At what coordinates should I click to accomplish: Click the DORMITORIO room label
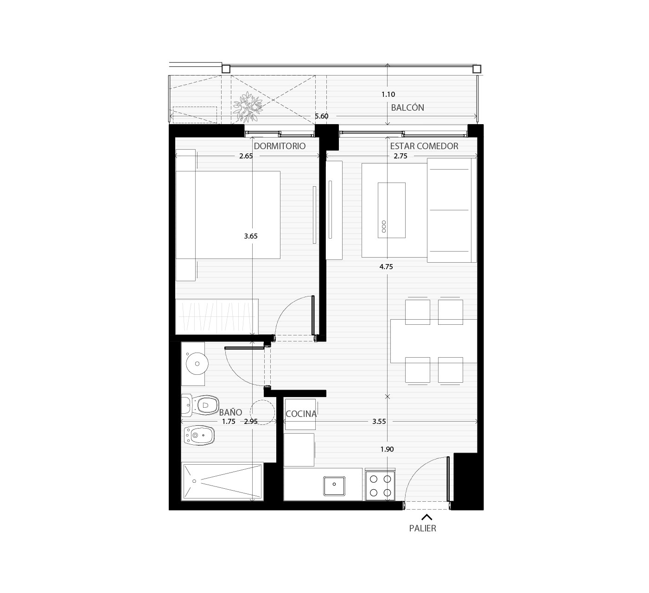pyautogui.click(x=280, y=146)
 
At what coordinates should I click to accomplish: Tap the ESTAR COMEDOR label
pyautogui.click(x=424, y=146)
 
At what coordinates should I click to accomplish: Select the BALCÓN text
pyautogui.click(x=407, y=107)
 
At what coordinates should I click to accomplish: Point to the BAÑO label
pyautogui.click(x=230, y=412)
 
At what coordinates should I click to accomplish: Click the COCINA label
pyautogui.click(x=301, y=414)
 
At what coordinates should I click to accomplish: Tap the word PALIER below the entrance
pyautogui.click(x=422, y=528)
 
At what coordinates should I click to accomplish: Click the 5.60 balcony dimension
pyautogui.click(x=322, y=116)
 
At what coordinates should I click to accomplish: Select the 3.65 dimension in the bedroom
pyautogui.click(x=251, y=236)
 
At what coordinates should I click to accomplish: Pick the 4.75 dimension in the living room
pyautogui.click(x=386, y=267)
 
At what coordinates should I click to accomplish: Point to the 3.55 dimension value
pyautogui.click(x=379, y=421)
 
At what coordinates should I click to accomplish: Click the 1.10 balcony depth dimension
pyautogui.click(x=388, y=95)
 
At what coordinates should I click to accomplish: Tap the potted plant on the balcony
pyautogui.click(x=248, y=107)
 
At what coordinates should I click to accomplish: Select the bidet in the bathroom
pyautogui.click(x=199, y=435)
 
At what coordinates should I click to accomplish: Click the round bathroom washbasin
pyautogui.click(x=197, y=363)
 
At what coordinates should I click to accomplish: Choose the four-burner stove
pyautogui.click(x=380, y=486)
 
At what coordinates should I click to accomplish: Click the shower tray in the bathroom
pyautogui.click(x=222, y=482)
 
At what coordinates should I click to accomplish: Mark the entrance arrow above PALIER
pyautogui.click(x=427, y=517)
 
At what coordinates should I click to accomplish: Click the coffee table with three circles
pyautogui.click(x=391, y=210)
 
